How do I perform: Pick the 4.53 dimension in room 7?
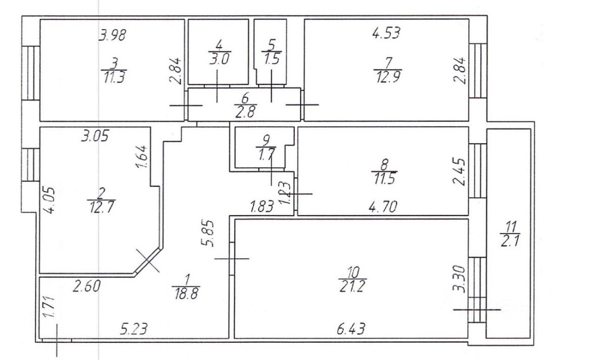click(386, 34)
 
